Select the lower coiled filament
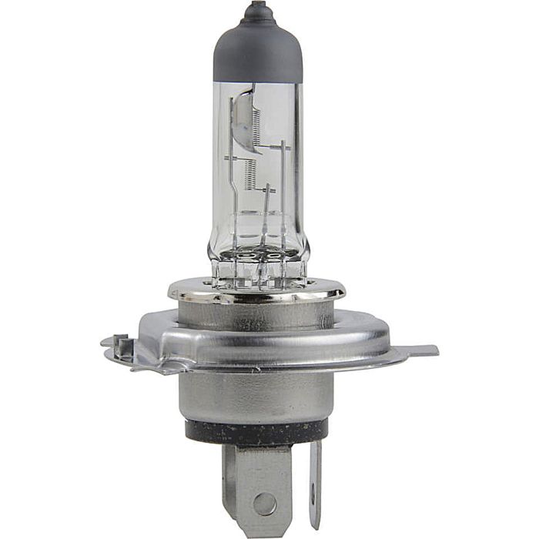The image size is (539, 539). coord(249,176)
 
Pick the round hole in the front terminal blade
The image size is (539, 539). coord(264,504)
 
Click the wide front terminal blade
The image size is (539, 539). coord(257,485)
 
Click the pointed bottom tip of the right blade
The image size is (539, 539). coord(315,525)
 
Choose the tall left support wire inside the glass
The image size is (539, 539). coord(233,192)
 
